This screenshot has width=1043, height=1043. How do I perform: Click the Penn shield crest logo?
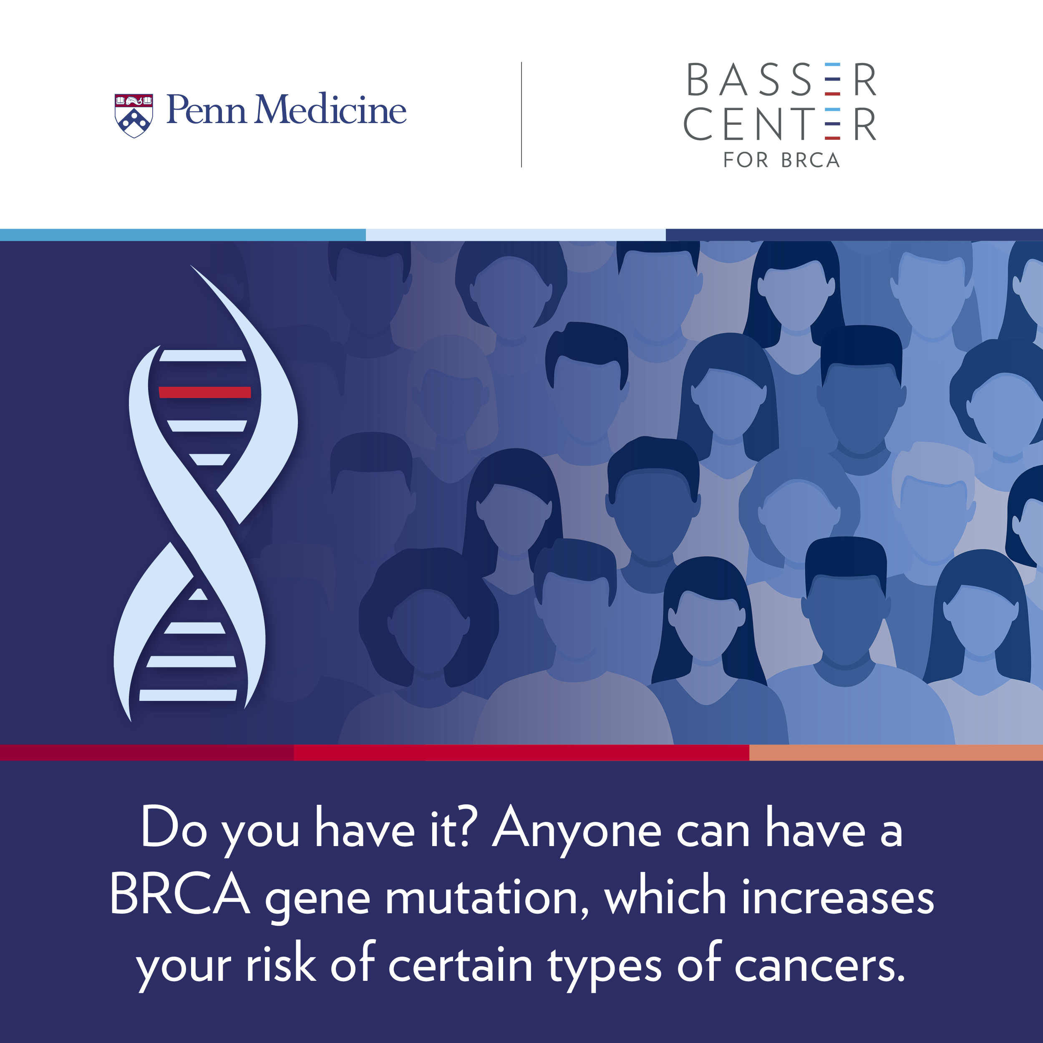click(x=134, y=116)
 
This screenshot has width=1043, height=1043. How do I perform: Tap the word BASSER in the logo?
click(x=781, y=80)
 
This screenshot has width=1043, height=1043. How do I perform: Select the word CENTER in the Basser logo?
click(x=780, y=123)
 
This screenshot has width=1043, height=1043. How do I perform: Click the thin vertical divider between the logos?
click(x=521, y=114)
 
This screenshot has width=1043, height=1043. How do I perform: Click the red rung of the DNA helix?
click(x=204, y=392)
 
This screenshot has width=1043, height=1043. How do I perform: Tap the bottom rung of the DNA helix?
click(x=188, y=695)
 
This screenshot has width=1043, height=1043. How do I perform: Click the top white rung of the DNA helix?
click(x=202, y=355)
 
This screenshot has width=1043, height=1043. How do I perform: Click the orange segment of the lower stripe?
click(x=896, y=753)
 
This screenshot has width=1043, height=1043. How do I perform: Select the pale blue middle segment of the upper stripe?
click(x=516, y=235)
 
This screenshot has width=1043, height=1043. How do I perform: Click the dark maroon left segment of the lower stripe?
click(x=147, y=753)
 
